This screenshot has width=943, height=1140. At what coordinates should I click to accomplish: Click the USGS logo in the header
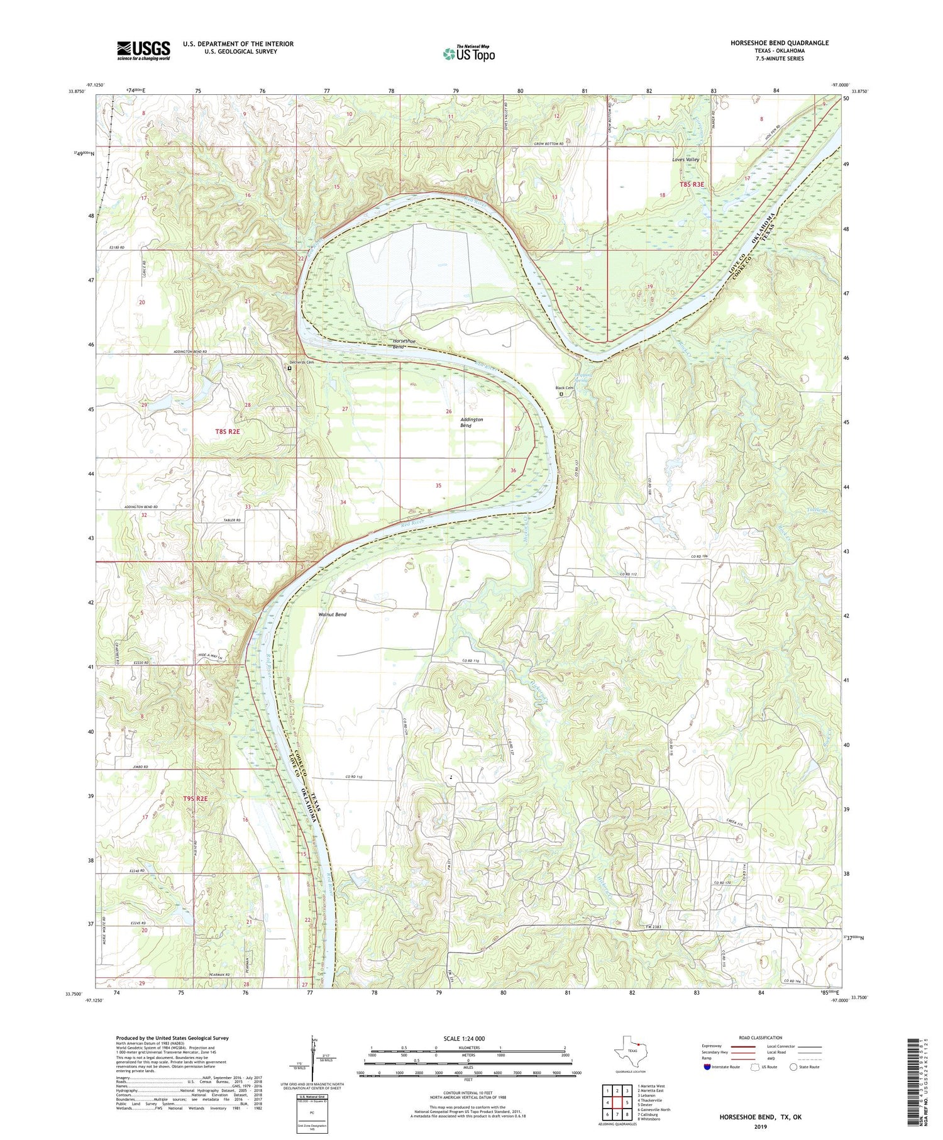[x=143, y=50]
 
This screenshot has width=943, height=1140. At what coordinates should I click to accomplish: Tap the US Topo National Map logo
[x=469, y=53]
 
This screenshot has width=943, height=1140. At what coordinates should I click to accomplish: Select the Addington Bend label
[x=472, y=423]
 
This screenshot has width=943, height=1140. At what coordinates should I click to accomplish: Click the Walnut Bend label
[x=333, y=614]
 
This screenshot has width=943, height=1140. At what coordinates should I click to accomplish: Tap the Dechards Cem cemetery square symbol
[x=290, y=369]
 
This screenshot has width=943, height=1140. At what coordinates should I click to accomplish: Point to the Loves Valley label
[x=685, y=160]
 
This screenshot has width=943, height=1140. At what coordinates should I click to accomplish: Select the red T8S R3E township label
[x=692, y=185]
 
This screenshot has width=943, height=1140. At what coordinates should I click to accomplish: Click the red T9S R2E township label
[x=195, y=799]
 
